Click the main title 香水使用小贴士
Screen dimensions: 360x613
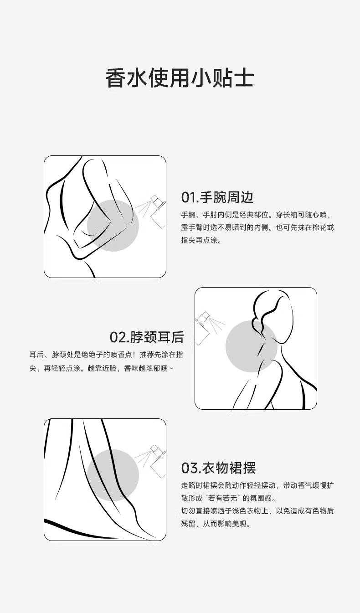click(180, 78)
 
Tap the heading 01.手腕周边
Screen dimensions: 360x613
click(217, 197)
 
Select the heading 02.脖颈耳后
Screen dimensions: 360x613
click(147, 337)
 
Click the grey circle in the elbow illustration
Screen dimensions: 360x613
click(113, 226)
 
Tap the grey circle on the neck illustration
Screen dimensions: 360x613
click(252, 346)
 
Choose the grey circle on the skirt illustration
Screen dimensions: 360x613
click(113, 475)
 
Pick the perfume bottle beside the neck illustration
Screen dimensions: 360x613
click(202, 328)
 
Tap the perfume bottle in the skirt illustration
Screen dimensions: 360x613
click(158, 461)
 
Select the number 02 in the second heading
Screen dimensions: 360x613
click(118, 337)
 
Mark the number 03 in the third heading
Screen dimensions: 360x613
click(189, 468)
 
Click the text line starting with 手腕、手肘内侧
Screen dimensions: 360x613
click(257, 215)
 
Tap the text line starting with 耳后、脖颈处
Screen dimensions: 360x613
click(106, 355)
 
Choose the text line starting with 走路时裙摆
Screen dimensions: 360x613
click(257, 485)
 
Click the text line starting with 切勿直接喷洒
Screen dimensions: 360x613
click(257, 511)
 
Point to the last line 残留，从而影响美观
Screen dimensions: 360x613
click(216, 524)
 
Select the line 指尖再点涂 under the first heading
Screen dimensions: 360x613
click(201, 240)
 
